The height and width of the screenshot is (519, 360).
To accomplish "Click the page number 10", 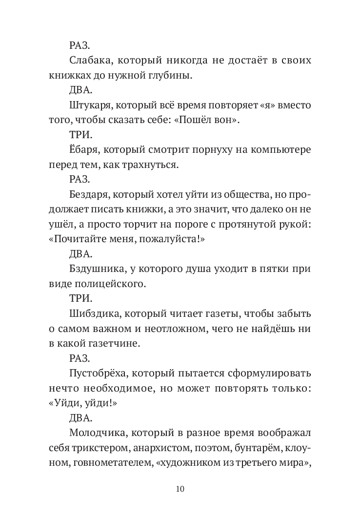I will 180,489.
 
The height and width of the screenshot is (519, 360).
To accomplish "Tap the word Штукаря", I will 89,105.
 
